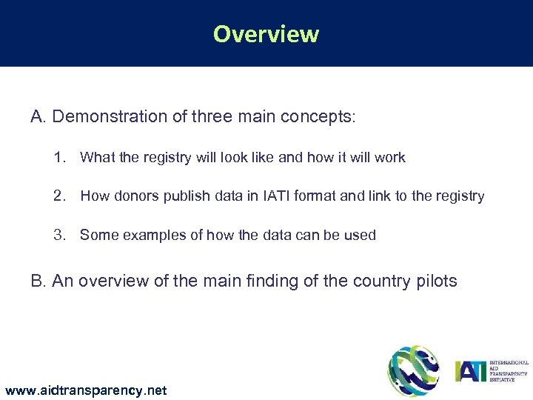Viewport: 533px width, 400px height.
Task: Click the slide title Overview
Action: [266, 34]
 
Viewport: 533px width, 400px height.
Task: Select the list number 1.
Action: [59, 157]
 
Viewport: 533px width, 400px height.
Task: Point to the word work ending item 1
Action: [390, 157]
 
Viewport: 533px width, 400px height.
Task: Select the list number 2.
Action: [59, 196]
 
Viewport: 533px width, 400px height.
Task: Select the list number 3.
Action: [59, 236]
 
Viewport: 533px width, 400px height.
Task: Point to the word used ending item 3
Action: [361, 236]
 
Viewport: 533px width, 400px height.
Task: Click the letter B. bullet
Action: [38, 281]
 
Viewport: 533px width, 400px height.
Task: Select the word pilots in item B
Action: [437, 281]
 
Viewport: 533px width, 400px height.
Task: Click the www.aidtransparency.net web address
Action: [85, 390]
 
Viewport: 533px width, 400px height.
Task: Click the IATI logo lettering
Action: [470, 370]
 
